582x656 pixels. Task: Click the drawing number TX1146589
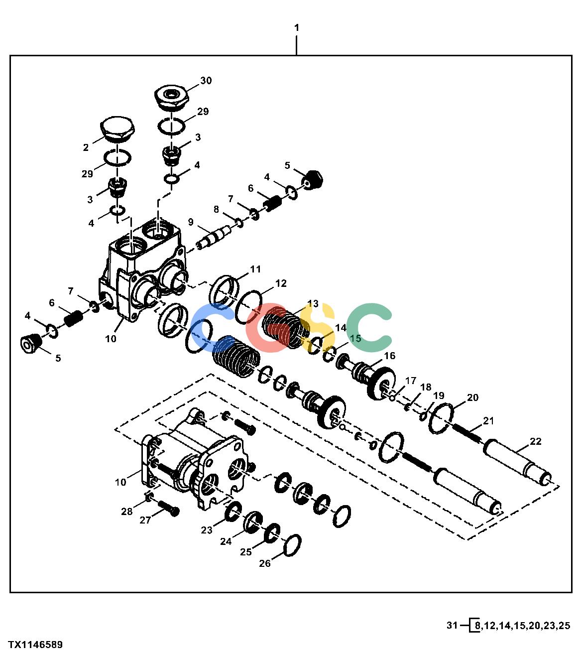point(35,645)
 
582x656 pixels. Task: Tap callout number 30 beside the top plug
point(206,80)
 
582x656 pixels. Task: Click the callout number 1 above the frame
point(297,28)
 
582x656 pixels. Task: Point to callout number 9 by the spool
point(191,222)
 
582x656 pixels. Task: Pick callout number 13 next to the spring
point(313,303)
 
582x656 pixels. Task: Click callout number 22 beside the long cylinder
point(535,441)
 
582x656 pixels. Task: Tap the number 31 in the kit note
point(452,625)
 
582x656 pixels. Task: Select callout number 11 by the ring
point(255,269)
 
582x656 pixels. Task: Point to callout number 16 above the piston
point(390,356)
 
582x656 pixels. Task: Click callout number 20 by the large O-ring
point(472,397)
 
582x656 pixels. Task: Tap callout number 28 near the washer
point(127,511)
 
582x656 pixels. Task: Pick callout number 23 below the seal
point(207,530)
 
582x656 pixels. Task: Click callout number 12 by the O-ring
point(281,283)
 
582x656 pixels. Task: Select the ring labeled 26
point(292,545)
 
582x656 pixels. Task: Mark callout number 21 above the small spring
point(488,421)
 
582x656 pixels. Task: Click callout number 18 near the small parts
point(426,387)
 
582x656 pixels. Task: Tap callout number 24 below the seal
point(226,541)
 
